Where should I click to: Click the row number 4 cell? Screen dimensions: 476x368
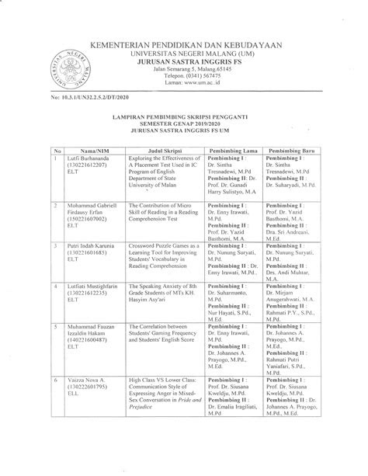coord(56,287)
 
